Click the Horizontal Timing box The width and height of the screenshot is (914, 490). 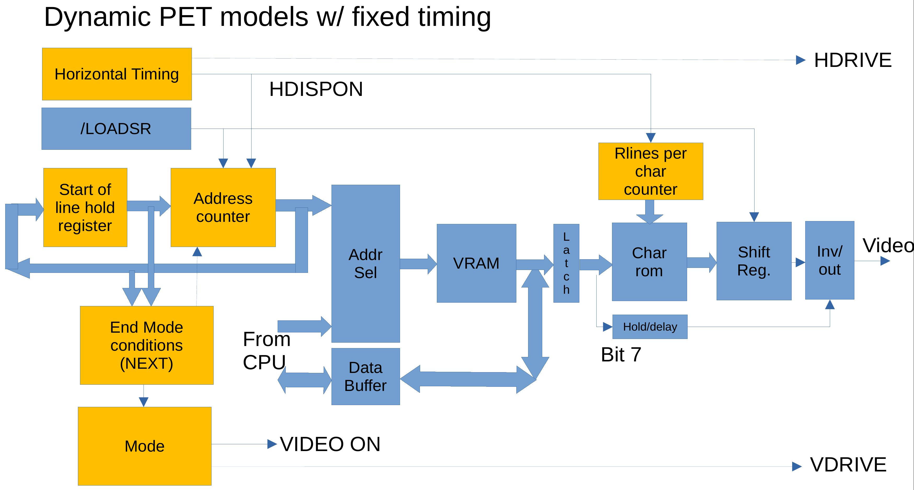tap(117, 74)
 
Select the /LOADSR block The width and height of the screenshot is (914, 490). tap(116, 129)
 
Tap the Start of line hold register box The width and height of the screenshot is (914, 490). tap(85, 207)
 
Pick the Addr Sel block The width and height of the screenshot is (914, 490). tap(365, 263)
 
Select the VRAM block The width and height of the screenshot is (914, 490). tap(476, 263)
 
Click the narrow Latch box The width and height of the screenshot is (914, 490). tap(566, 263)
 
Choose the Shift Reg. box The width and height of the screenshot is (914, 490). tap(754, 261)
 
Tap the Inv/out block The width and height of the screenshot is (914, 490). tap(829, 260)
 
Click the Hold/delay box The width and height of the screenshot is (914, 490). tap(650, 327)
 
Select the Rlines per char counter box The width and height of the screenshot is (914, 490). tap(650, 171)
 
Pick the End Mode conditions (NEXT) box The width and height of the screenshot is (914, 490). tap(146, 345)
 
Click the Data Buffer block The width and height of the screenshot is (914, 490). tap(365, 376)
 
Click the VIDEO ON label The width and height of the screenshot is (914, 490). tap(330, 444)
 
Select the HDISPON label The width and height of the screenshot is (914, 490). tap(316, 89)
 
